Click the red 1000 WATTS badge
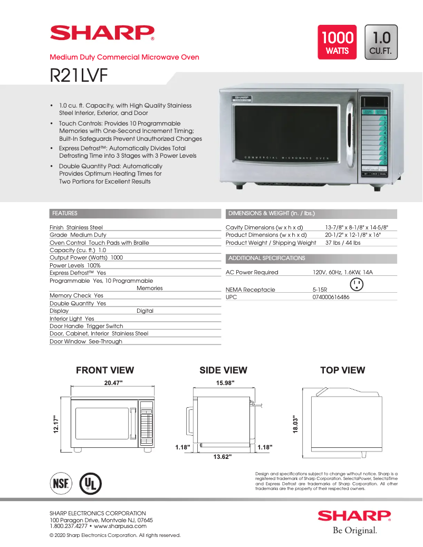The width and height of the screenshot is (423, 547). (x=337, y=42)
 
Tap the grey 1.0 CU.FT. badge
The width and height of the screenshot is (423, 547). (x=381, y=42)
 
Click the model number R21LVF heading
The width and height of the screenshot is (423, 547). (x=79, y=75)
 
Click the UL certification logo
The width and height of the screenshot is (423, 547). (x=90, y=483)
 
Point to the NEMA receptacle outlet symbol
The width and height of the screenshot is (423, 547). (x=357, y=284)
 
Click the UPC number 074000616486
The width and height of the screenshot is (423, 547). (x=331, y=297)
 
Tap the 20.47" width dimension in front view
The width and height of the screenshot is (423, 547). (x=113, y=383)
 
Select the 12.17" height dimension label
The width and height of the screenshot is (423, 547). (x=55, y=424)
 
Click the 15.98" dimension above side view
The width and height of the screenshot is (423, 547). (x=225, y=383)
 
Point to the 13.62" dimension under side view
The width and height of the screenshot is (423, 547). (x=223, y=457)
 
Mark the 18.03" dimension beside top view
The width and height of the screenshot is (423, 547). (x=296, y=425)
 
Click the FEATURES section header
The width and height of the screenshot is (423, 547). (x=65, y=214)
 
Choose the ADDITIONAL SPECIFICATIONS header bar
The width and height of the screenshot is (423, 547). (x=267, y=258)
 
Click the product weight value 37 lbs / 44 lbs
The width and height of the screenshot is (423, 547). (x=343, y=243)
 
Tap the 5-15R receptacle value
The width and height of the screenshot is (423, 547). (x=320, y=290)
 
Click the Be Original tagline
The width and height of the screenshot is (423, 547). (x=354, y=530)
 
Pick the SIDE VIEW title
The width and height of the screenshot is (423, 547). (x=223, y=370)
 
